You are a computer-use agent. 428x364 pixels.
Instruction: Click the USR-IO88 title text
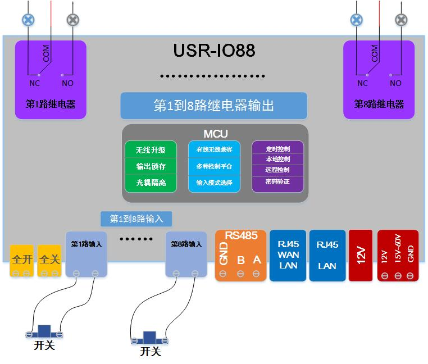[x=214, y=51]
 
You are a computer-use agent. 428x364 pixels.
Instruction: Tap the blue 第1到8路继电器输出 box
[x=214, y=106]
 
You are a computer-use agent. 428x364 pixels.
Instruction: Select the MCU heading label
[x=215, y=134]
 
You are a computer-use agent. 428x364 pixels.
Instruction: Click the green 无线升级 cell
[x=151, y=151]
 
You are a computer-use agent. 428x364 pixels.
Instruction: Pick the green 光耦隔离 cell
[x=151, y=183]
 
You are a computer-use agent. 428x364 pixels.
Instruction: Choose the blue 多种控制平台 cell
[x=214, y=167]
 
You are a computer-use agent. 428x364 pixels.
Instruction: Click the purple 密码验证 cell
[x=277, y=181]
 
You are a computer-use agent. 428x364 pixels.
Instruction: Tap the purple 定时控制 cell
[x=277, y=149]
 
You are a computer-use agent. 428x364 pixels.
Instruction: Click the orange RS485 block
[x=240, y=255]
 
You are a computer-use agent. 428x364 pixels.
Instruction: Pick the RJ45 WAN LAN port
[x=288, y=255]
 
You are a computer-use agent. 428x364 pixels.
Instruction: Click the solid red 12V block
[x=361, y=255]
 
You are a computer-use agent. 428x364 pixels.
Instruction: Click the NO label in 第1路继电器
[x=67, y=83]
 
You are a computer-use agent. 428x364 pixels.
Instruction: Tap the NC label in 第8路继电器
[x=363, y=83]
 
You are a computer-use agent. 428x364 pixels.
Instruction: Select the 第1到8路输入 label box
[x=136, y=219]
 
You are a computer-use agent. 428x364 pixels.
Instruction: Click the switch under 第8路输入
[x=149, y=339]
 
